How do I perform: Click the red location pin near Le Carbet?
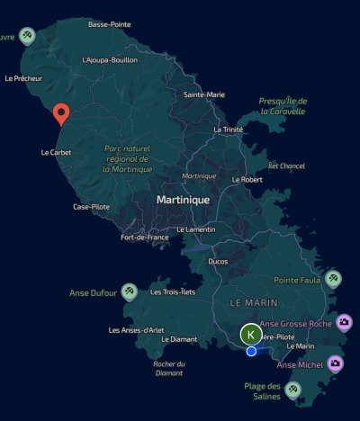tap(61, 114)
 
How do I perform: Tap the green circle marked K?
tap(251, 334)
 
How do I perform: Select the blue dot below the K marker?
tap(251, 351)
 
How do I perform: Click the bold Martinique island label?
tap(183, 199)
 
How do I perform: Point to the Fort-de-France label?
tap(145, 237)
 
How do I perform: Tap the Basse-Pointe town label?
tap(111, 24)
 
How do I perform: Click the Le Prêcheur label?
tap(23, 78)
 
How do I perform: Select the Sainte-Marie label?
tap(204, 94)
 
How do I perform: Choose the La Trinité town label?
tap(229, 130)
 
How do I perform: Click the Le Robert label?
tap(247, 179)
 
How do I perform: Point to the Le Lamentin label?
tap(195, 229)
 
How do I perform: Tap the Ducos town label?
tap(218, 261)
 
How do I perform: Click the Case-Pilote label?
tap(92, 207)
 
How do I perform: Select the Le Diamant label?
tap(178, 339)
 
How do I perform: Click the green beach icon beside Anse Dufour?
tap(130, 291)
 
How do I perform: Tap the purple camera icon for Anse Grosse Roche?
tap(344, 322)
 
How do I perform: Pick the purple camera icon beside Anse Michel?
tap(335, 363)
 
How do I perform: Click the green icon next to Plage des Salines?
tap(292, 390)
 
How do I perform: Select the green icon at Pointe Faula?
tap(333, 279)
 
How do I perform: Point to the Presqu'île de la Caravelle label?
tap(283, 106)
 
